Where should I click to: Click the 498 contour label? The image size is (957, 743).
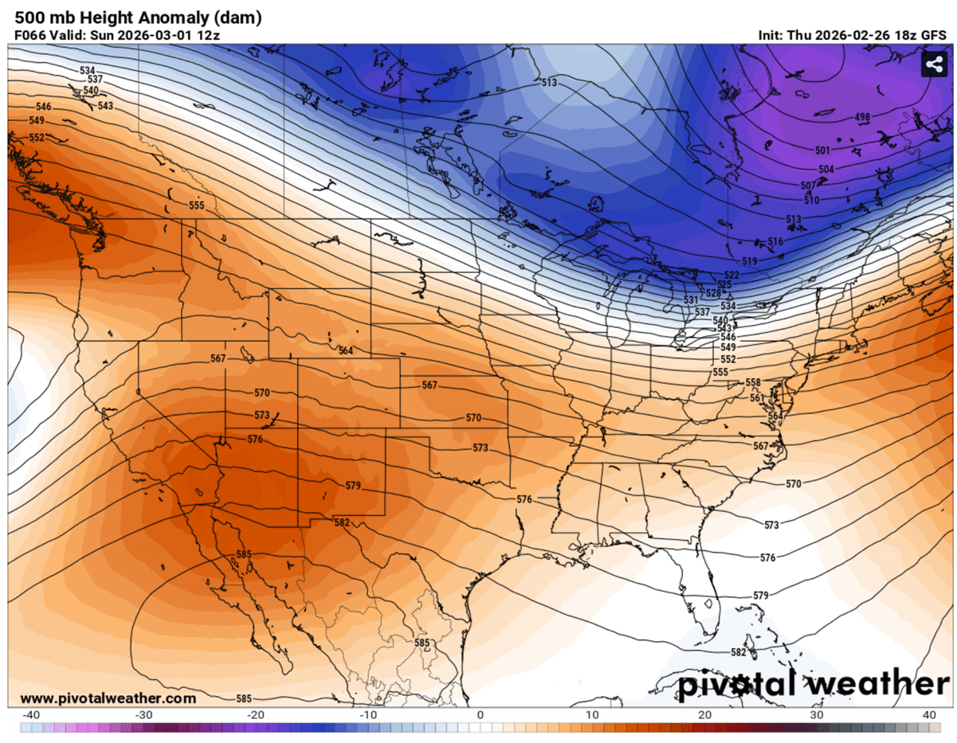pos(862,118)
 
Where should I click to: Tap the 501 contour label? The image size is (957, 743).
pos(823,151)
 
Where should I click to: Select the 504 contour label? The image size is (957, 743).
pos(826,170)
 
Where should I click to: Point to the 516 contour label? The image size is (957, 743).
pos(775,241)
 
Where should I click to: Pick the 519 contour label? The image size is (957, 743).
pos(749,261)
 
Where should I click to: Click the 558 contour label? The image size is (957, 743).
pos(753,383)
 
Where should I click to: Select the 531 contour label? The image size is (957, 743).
pos(691,299)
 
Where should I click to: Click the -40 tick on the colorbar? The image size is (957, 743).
pos(32,714)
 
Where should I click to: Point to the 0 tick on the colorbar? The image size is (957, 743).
pos(480,714)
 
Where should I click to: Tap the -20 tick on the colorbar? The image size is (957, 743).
pos(256,714)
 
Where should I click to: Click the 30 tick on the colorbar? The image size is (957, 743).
pos(816,714)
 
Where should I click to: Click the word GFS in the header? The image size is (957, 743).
pos(933,35)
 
